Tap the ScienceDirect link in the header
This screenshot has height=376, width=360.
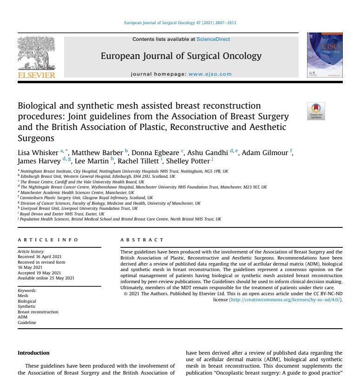[x=213, y=39]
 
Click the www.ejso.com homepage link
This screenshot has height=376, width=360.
[x=210, y=74]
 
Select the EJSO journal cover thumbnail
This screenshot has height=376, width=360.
[x=325, y=55]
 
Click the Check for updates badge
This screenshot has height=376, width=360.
[x=316, y=111]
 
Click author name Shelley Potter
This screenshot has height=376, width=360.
[x=188, y=161]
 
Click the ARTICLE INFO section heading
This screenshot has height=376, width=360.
[x=48, y=240]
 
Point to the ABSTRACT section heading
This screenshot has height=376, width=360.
[x=142, y=240]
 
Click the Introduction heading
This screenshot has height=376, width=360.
[x=33, y=353]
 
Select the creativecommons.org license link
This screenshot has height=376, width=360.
[x=285, y=300]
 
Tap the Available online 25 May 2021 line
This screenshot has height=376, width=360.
[x=46, y=278]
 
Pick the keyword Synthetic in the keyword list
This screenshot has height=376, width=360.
[x=26, y=306]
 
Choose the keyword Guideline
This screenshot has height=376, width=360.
[x=27, y=323]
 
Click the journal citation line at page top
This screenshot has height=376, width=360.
[x=180, y=23]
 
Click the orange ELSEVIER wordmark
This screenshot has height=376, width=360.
[x=36, y=75]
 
